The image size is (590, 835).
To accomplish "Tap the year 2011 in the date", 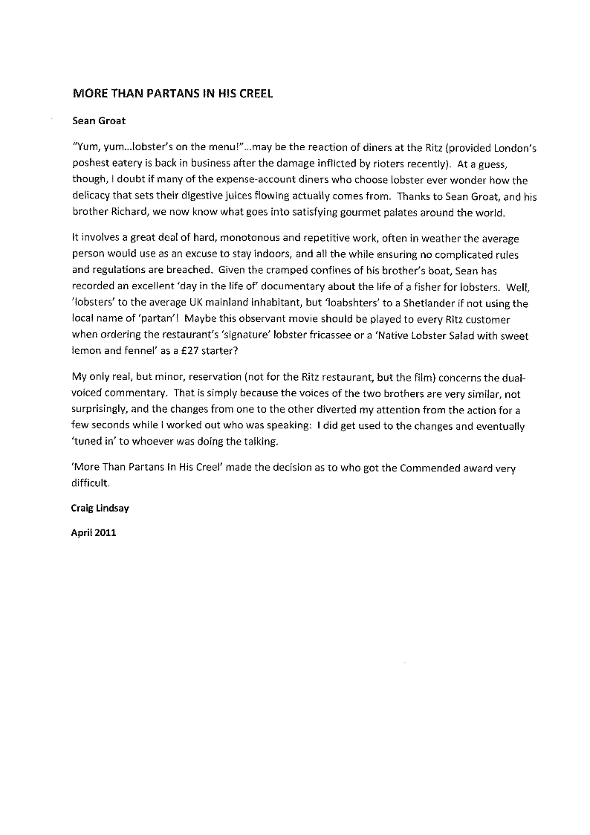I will click(106, 532).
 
